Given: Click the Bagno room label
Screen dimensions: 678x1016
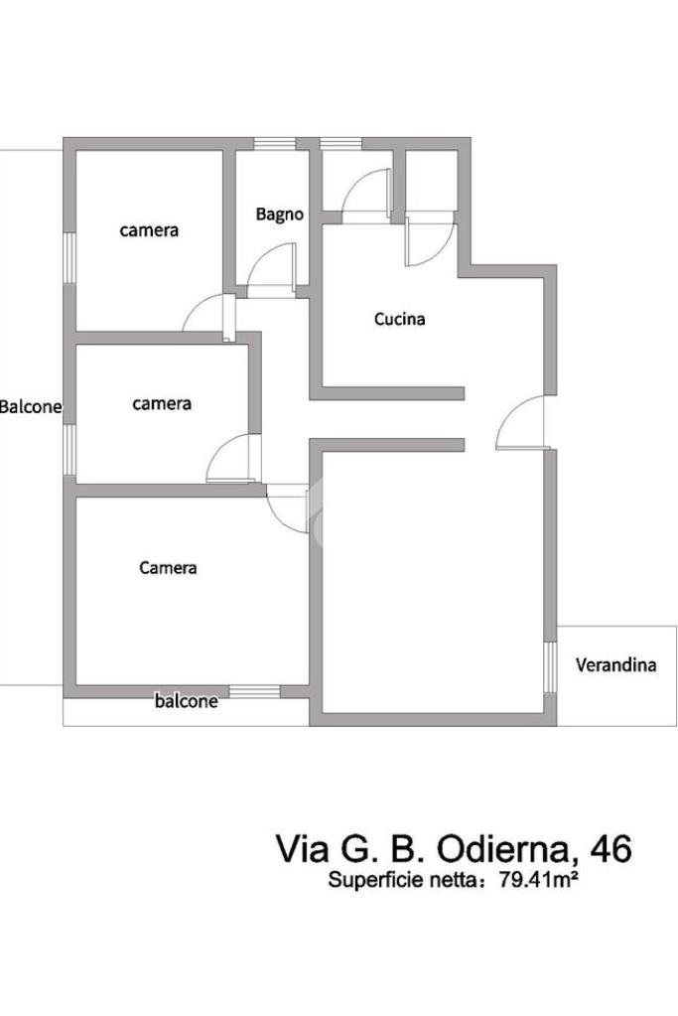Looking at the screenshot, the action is pos(279,215).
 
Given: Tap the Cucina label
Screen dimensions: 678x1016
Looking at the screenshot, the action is pos(399,319).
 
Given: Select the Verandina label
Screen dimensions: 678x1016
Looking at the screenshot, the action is pos(615,664).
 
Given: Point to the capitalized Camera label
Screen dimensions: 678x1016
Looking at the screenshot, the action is pos(168,568).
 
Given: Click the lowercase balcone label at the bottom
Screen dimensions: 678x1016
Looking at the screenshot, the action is pos(186,701).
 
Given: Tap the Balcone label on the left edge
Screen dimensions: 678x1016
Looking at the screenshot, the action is pos(31,407).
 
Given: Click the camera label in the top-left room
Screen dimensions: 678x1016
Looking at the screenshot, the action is pos(149,230).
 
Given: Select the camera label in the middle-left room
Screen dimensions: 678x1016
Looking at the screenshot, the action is pos(161,403).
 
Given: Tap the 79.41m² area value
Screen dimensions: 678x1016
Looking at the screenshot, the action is pos(537,880).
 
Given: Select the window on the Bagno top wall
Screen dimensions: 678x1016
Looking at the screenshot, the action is pos(275,143).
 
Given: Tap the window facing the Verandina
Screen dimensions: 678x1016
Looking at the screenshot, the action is pos(550,667).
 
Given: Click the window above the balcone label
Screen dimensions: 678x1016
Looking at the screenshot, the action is pos(254,691).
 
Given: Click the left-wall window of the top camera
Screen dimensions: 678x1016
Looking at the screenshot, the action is pos(69,257).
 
